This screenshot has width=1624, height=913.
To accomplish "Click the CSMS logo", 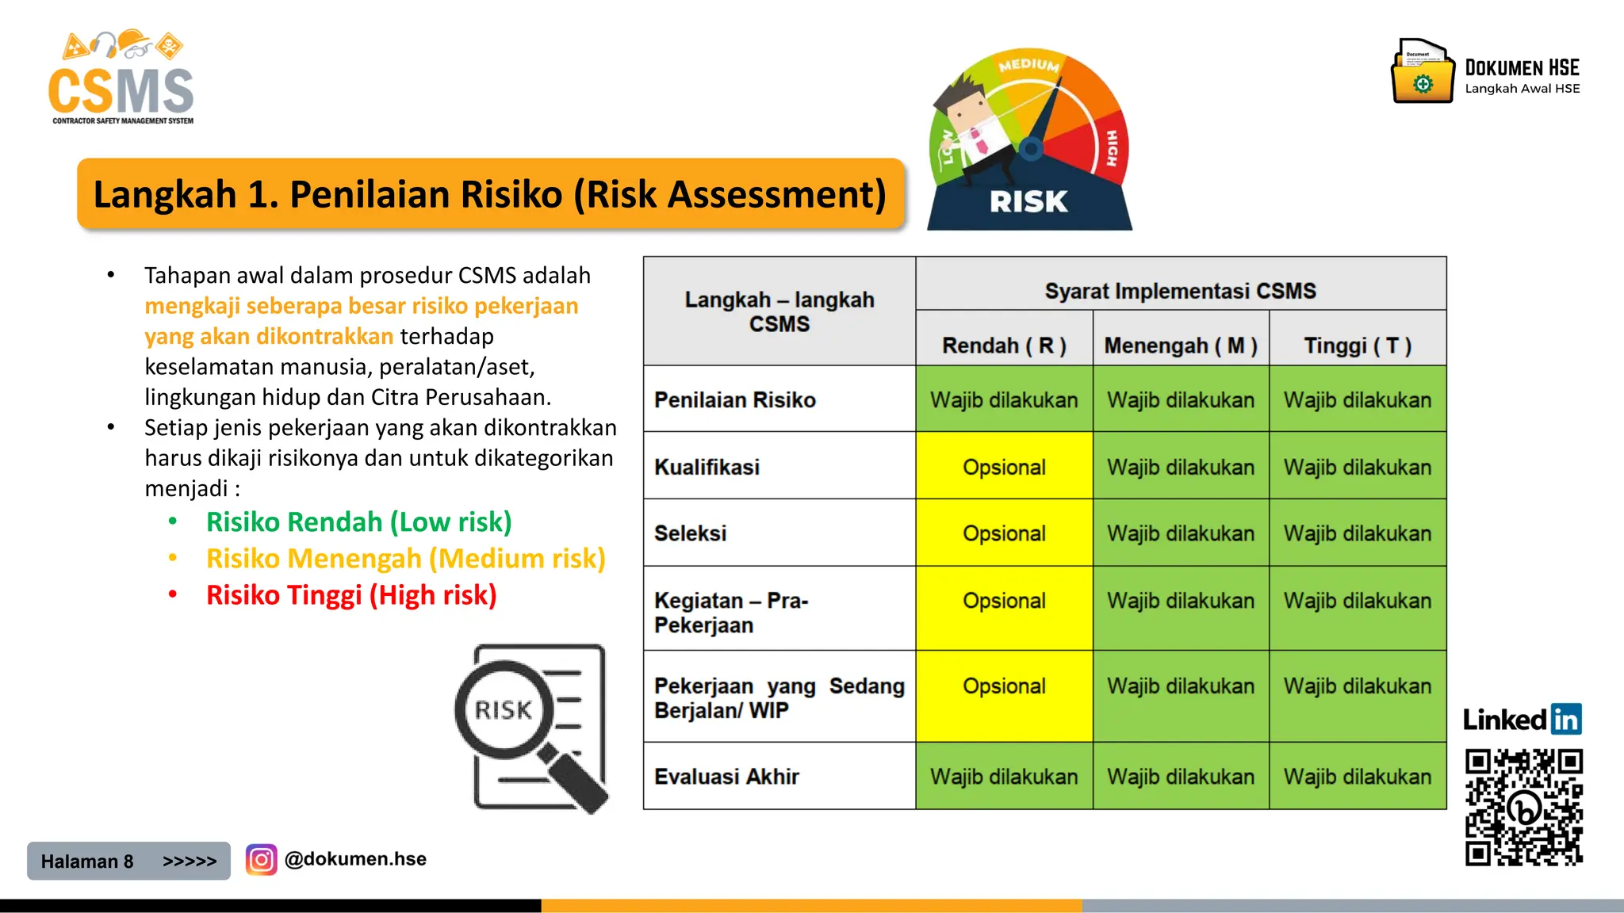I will (121, 79).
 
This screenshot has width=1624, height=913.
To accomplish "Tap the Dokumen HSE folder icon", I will (1423, 73).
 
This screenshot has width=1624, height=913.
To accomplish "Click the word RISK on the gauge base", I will (1028, 202).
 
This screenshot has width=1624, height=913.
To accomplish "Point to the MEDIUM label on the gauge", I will (1028, 65).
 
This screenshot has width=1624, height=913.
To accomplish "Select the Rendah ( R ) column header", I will (1004, 346).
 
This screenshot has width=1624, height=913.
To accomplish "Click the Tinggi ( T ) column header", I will (1358, 346).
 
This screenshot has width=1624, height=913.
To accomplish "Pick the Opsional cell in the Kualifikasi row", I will (1004, 467).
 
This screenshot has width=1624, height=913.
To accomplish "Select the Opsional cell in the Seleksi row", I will (1004, 533).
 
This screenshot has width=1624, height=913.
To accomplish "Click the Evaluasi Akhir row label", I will (726, 777).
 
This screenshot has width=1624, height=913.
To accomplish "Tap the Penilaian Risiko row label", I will (734, 400).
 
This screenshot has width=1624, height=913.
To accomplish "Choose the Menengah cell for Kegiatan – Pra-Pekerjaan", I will (1181, 602).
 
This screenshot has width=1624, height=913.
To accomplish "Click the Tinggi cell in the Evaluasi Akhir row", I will (1358, 777).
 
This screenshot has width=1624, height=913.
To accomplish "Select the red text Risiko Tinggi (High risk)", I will (351, 595).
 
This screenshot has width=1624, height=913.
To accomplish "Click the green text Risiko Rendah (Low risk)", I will (358, 522).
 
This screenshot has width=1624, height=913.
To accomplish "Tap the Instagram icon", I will (261, 860).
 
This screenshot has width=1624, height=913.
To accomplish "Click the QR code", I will (1523, 807).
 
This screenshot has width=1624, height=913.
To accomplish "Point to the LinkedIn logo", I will (1522, 720).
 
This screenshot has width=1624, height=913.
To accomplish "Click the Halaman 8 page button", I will (128, 861).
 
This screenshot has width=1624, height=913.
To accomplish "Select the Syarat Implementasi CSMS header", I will (1180, 291).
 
